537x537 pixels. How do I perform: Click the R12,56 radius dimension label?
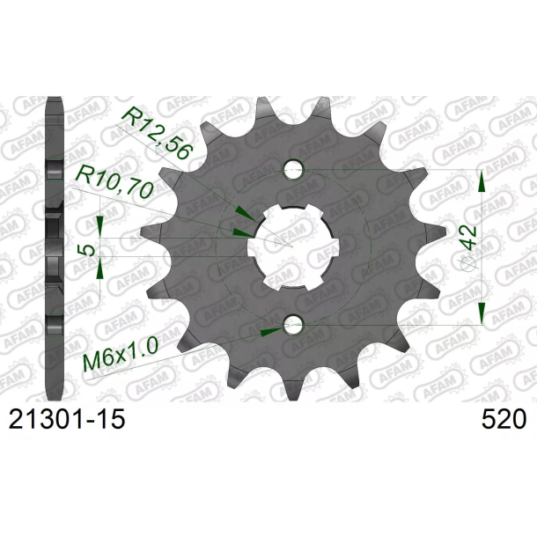[x=155, y=131]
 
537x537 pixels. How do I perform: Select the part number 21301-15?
[x=67, y=420]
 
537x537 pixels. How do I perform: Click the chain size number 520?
[x=504, y=420]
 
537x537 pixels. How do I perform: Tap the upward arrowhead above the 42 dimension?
[x=481, y=183]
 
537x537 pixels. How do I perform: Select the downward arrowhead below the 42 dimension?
[x=481, y=311]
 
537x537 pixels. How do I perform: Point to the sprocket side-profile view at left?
[x=55, y=246]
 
